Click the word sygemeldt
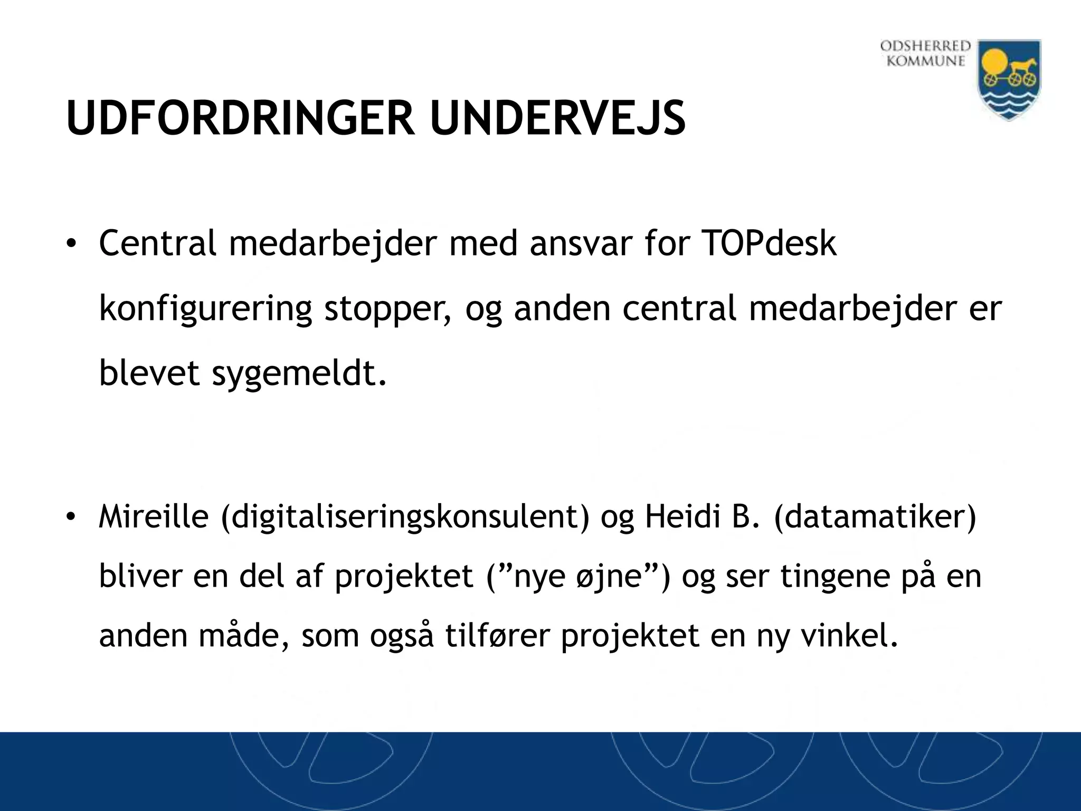tap(299, 373)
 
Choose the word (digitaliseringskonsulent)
tap(405, 517)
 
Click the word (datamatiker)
tap(875, 517)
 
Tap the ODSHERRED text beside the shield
tap(926, 46)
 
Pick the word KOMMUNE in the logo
tap(926, 61)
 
